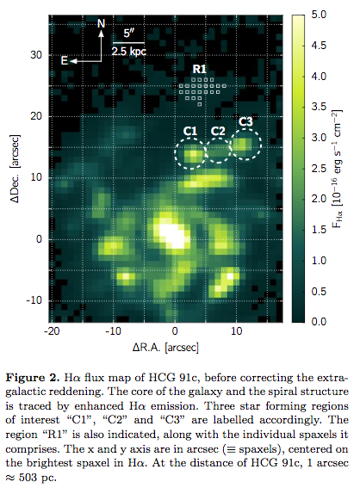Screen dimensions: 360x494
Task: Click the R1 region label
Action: (x=199, y=69)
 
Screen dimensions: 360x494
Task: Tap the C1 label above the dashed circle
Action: (x=190, y=131)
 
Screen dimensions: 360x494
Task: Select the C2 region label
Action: (x=218, y=131)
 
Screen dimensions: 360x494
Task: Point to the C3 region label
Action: (x=245, y=121)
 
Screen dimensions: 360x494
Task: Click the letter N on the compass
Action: (x=101, y=23)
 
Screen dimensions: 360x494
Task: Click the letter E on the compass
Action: (x=64, y=60)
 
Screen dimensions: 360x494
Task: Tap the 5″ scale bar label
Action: (x=128, y=33)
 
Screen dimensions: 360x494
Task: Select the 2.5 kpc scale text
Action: (x=129, y=51)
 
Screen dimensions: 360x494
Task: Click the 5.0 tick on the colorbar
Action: (x=319, y=15)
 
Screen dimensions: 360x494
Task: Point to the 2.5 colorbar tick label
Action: (x=319, y=168)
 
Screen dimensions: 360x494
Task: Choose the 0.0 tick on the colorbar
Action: (x=319, y=322)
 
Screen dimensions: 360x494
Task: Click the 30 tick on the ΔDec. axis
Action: (x=36, y=55)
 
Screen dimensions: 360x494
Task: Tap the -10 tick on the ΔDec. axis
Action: (x=34, y=300)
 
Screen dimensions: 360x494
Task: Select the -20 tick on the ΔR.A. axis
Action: (x=52, y=331)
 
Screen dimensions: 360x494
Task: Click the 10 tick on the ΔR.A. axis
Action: (x=237, y=331)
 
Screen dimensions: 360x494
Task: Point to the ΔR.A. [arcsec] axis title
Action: (x=165, y=348)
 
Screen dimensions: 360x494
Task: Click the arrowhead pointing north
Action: (x=101, y=34)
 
